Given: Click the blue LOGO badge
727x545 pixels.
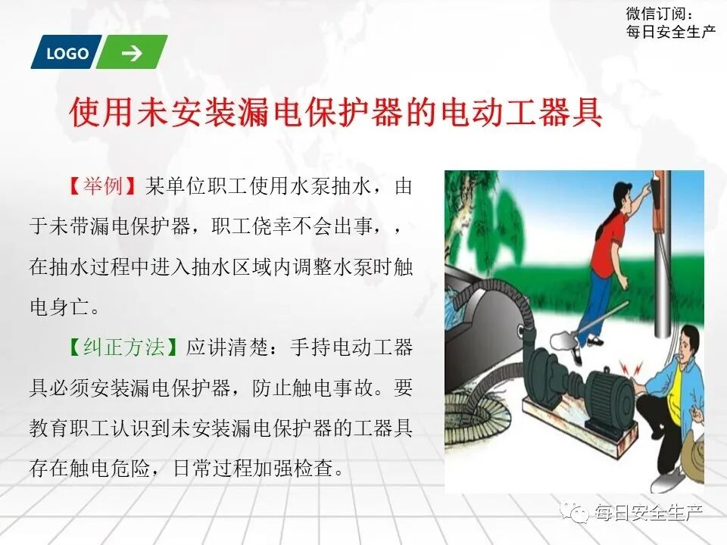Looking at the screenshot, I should pyautogui.click(x=67, y=53).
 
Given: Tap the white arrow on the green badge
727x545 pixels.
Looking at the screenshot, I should pyautogui.click(x=132, y=52).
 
